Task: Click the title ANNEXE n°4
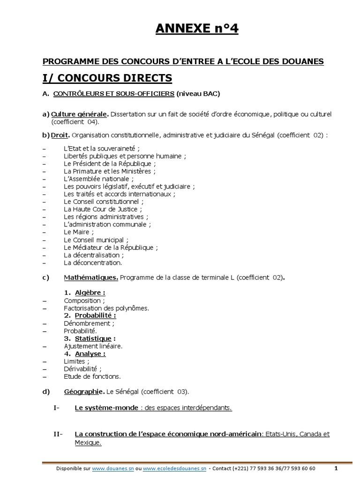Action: pyautogui.click(x=197, y=29)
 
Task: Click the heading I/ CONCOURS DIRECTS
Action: pyautogui.click(x=107, y=77)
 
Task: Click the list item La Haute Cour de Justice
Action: pyautogui.click(x=103, y=209)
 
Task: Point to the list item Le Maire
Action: pyautogui.click(x=79, y=232)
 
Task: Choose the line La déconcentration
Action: pyautogui.click(x=93, y=262)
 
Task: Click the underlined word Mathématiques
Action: pyautogui.click(x=91, y=277)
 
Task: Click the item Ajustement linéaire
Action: pyautogui.click(x=93, y=346)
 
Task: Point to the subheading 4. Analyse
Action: pyautogui.click(x=85, y=353)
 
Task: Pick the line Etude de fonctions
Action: pyautogui.click(x=92, y=376)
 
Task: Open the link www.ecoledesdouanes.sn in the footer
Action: pyautogui.click(x=174, y=468)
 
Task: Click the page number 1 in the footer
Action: pyautogui.click(x=336, y=468)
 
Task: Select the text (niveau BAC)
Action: pyautogui.click(x=198, y=94)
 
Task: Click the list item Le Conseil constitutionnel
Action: pyautogui.click(x=105, y=202)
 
